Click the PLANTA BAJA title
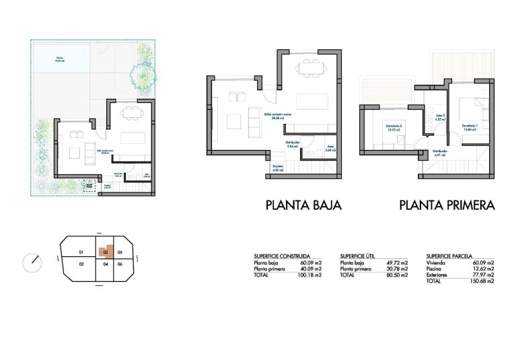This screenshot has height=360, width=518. coord(303,205)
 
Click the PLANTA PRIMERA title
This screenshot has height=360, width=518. coord(447,205)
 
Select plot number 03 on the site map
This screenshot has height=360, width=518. coord(104,252)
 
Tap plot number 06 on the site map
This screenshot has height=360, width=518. coord(120,264)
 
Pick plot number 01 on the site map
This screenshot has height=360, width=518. coord(80,252)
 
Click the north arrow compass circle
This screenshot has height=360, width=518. coord(32,262)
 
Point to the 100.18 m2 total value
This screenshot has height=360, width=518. coord(309,275)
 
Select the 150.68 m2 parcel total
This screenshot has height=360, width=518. coord(482,281)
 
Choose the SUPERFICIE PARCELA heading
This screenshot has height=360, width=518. coord(453,256)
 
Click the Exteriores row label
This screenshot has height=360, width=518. coord(439,275)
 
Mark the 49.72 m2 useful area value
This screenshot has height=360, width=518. coord(396,262)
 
